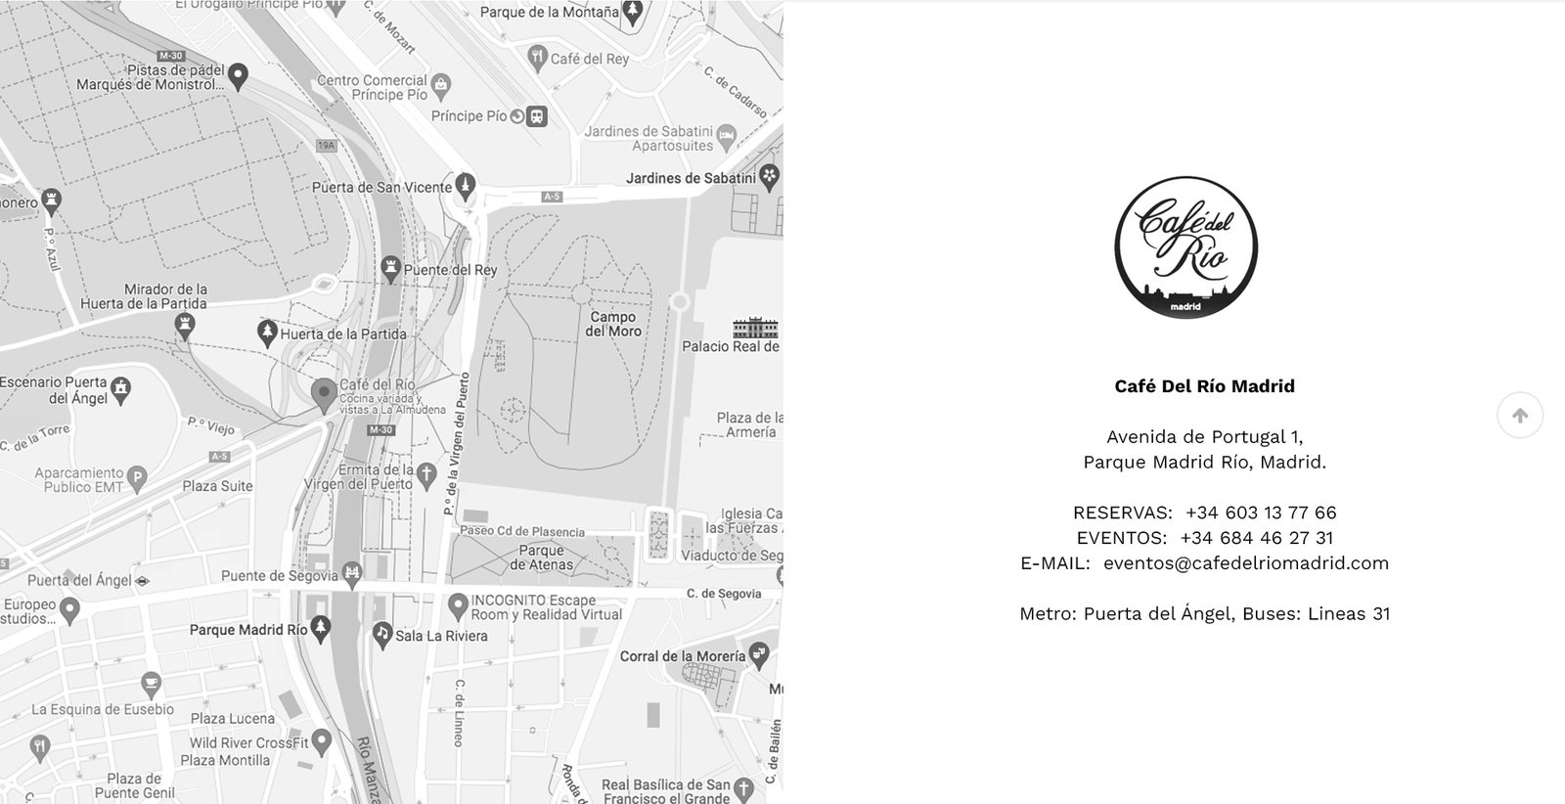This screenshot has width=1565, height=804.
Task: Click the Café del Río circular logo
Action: click(1185, 247)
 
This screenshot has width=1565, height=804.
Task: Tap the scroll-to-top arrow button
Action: click(1519, 416)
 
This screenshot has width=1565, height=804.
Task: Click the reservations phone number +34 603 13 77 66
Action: click(1260, 513)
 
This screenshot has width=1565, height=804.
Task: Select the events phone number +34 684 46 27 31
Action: click(1256, 538)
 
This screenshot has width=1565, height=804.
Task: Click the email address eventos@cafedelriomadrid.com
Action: click(1245, 563)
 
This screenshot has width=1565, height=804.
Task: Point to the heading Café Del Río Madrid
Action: click(1204, 386)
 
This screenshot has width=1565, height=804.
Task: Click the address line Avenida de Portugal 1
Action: click(1204, 437)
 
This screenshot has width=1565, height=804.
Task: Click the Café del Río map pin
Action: click(324, 394)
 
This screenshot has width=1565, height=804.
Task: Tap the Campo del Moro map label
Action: click(613, 324)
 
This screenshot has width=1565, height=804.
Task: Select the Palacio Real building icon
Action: click(755, 328)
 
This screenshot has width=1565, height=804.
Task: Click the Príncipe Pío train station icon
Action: click(535, 116)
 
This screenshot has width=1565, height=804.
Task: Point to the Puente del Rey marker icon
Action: click(390, 269)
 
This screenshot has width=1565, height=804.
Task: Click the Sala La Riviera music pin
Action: click(381, 635)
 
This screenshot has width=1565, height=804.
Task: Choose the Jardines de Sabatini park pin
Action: click(770, 177)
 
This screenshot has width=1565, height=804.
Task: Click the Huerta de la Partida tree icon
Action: click(266, 334)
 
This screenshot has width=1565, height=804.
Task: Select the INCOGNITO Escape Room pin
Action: click(457, 605)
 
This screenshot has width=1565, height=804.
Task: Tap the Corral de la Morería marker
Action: click(758, 654)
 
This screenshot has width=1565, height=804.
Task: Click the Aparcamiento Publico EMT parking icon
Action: click(138, 479)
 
